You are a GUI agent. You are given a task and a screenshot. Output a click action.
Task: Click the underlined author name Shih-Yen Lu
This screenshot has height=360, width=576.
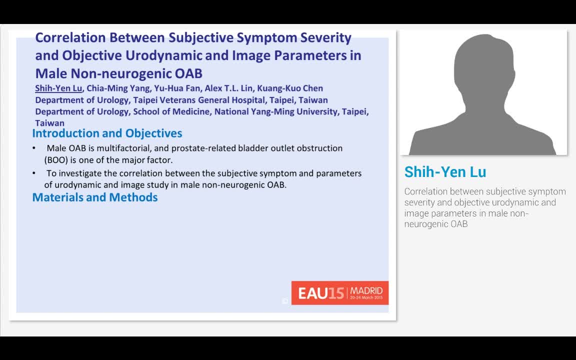pos(58,88)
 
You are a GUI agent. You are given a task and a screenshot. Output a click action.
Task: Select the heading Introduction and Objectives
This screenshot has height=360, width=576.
pos(107,133)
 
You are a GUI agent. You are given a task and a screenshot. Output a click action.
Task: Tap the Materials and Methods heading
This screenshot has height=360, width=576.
pos(95,197)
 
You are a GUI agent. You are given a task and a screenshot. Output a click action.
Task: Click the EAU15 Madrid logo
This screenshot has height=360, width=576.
pos(340,293)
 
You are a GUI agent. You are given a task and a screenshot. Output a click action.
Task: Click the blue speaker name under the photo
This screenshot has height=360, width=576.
pos(445,172)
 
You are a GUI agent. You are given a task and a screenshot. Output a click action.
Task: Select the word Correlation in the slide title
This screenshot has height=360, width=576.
pos(70,38)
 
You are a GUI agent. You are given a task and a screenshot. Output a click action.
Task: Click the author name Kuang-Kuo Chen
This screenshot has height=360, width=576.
pos(290,88)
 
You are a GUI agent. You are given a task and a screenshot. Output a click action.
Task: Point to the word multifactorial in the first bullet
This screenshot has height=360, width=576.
pos(126,148)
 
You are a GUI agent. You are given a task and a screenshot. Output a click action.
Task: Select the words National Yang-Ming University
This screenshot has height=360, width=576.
pos(276,111)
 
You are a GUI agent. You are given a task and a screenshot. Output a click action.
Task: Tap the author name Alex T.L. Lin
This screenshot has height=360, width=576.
pos(228,88)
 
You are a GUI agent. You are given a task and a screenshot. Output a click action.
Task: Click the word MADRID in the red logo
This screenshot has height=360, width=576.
pos(366,290)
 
